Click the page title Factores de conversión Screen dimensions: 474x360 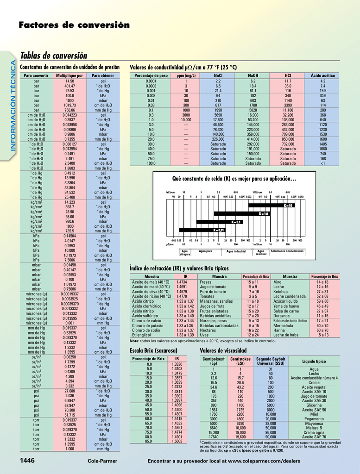(74, 25)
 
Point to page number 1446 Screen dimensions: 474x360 (27, 461)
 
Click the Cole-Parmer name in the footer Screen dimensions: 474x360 (102, 461)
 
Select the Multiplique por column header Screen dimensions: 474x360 (69, 75)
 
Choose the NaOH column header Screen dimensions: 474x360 (253, 75)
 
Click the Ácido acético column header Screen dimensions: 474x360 (323, 75)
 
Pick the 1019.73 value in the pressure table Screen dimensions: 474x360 (70, 105)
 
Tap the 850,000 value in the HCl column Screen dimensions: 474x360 (288, 139)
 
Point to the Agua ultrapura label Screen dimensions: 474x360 (185, 253)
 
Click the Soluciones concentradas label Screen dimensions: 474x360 (287, 251)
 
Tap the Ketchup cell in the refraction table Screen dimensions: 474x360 (281, 292)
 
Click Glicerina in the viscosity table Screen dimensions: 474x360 (314, 405)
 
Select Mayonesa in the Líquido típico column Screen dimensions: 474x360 (314, 423)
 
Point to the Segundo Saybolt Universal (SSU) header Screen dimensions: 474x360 (271, 361)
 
